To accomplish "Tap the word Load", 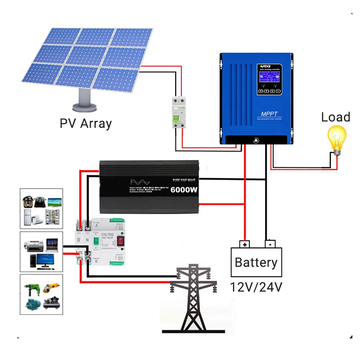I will (335, 117).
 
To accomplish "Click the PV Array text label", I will (85, 123).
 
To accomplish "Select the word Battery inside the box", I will (256, 262).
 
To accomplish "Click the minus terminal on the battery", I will (269, 245).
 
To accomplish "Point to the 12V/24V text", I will (256, 287).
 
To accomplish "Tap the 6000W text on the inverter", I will (184, 190).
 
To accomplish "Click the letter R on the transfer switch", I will (79, 241).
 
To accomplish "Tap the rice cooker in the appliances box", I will (28, 201).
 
